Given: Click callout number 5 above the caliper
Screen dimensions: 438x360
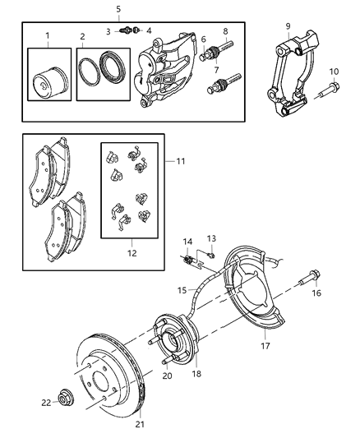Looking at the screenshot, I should pos(118,9).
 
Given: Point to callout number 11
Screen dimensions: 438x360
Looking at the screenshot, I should pos(180,161).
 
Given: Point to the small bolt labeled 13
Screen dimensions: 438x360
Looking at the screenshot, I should pos(212,255).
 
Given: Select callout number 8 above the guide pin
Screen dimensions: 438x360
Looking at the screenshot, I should pos(225,32).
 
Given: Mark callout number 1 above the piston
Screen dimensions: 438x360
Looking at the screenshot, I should pos(48,35).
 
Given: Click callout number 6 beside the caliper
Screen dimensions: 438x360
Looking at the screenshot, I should pos(202,39).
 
